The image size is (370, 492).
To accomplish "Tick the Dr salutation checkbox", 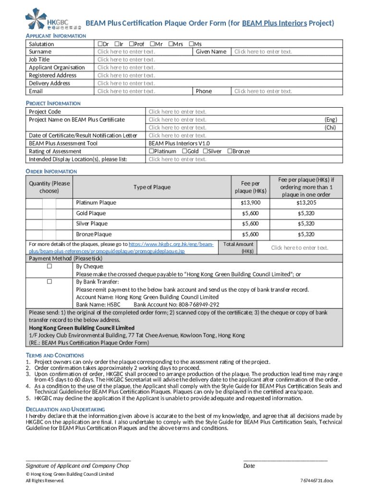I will tap(100, 44).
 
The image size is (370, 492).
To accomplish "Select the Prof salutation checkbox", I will tap(131, 44).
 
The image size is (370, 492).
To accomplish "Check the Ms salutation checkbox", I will tap(191, 44).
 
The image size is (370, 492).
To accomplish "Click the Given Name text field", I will tap(263, 52).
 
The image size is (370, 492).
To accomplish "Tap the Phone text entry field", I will tap(263, 91).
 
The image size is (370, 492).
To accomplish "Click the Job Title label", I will tap(39, 60).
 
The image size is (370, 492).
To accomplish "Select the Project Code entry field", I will tap(177, 112).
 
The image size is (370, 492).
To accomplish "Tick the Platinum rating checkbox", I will tap(151, 151).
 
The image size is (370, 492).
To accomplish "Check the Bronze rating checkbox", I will tap(229, 151).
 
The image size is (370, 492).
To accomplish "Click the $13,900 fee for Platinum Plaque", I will tap(250, 203).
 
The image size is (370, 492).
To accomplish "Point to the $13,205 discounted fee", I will tap(306, 203).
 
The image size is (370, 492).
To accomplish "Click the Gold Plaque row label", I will tap(91, 213).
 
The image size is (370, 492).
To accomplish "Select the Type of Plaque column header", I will tap(152, 187).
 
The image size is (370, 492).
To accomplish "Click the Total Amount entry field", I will tap(299, 248).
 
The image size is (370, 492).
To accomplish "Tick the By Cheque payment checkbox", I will tap(49, 266).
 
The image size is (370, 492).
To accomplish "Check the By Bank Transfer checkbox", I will tap(49, 282).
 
